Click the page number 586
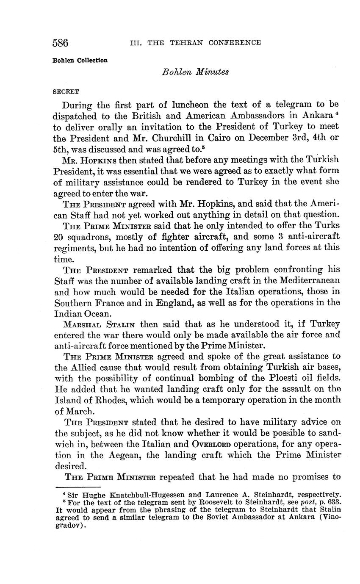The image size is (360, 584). (x=61, y=43)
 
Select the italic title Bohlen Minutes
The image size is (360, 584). (x=195, y=72)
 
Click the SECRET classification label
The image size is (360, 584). (x=66, y=91)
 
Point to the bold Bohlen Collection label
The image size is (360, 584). (x=80, y=60)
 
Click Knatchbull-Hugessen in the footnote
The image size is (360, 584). (x=139, y=494)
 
